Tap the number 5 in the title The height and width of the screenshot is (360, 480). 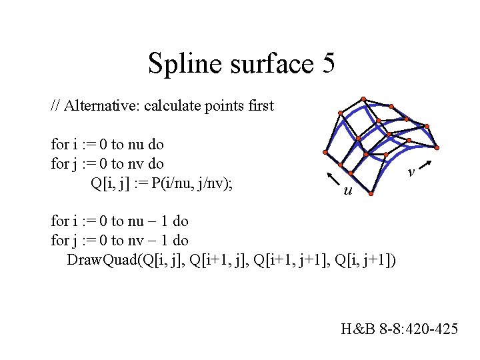click(327, 64)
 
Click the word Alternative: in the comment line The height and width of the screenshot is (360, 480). click(103, 105)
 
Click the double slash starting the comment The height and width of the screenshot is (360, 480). click(55, 105)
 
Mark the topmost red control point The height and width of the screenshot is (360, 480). click(363, 96)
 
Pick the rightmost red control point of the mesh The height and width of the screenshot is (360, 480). click(439, 147)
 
